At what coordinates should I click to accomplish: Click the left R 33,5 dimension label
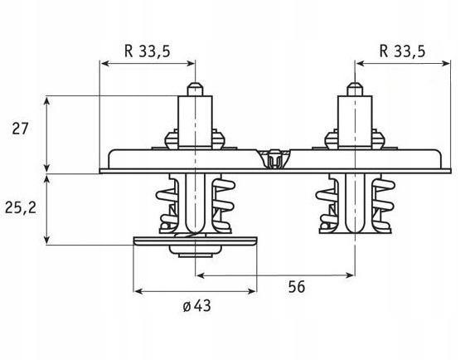coord(148,51)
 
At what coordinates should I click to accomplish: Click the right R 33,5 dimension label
coord(402,51)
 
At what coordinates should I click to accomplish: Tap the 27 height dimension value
coord(20,129)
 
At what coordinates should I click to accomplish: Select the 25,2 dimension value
coord(21,207)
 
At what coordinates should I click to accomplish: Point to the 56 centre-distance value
coord(297,286)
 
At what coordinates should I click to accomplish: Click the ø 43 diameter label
coord(197,306)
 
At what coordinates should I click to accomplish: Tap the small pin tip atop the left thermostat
coord(195,90)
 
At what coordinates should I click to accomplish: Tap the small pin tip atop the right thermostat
coord(355,90)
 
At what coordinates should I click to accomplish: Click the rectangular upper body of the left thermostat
coord(195,121)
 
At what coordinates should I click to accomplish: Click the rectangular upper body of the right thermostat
coord(355,121)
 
